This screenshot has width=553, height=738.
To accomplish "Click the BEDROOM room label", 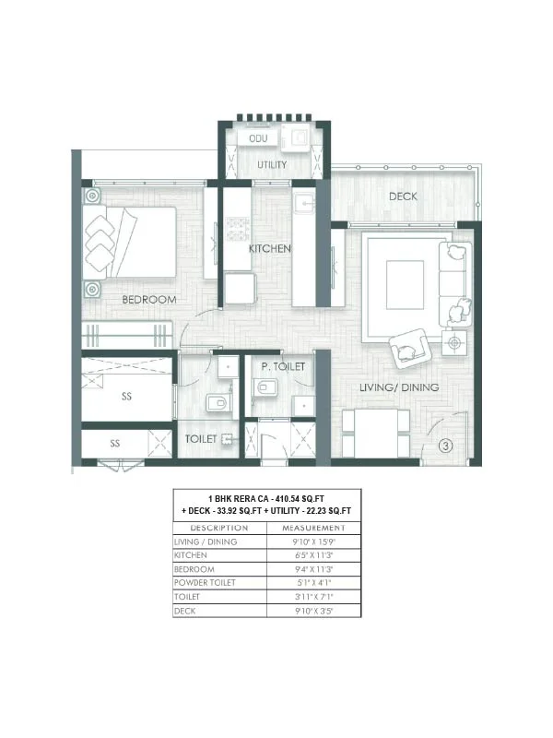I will [x=148, y=300].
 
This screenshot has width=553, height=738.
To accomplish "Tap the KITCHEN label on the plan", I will [x=270, y=249].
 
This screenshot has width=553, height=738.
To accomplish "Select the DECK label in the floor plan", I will [x=403, y=196].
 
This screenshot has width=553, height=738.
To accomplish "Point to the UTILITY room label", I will [x=272, y=165].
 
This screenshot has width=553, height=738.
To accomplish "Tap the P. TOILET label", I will [x=283, y=366].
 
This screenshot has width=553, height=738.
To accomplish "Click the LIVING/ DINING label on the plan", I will [x=399, y=387].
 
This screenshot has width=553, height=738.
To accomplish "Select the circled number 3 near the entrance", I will [x=445, y=446].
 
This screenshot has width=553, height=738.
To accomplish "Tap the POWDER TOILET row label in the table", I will [x=205, y=583].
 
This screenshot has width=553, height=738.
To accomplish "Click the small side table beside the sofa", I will [x=453, y=343].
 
